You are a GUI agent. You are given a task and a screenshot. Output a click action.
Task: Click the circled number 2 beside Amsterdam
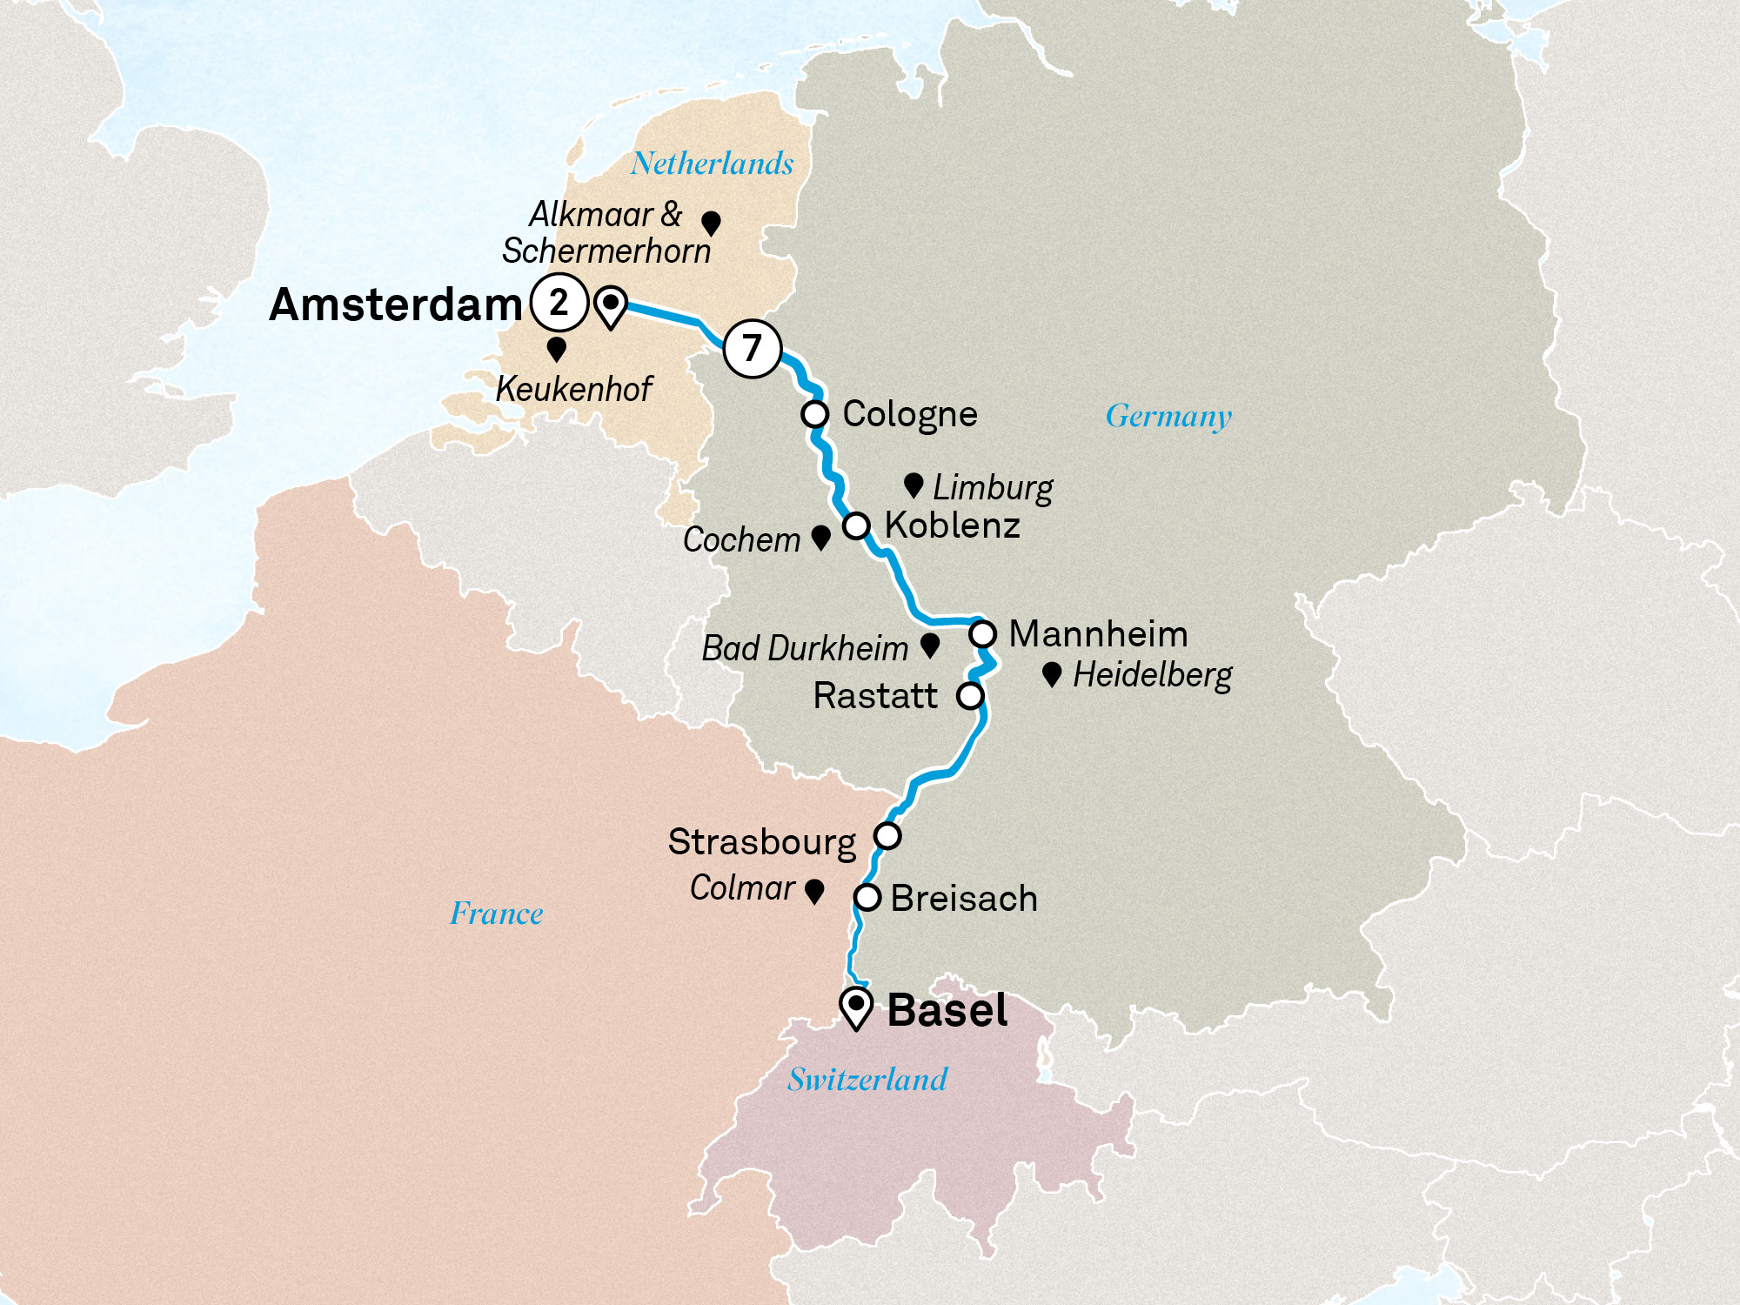(559, 303)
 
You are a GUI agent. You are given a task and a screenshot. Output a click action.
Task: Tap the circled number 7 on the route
(753, 348)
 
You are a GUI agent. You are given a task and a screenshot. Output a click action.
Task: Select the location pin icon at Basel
(856, 1008)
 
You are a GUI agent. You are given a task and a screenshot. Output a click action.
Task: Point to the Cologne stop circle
(815, 414)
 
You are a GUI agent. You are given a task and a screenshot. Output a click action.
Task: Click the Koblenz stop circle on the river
(856, 525)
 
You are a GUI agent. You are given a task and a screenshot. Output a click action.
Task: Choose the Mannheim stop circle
(983, 634)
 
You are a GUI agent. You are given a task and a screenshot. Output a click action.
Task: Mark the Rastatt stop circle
(970, 696)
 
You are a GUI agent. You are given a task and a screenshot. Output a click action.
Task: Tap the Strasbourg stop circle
(887, 836)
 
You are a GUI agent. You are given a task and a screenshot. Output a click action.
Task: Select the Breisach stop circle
(867, 898)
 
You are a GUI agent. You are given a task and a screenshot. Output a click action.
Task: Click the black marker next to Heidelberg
(1052, 674)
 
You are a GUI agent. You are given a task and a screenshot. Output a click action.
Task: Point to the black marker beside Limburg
(913, 485)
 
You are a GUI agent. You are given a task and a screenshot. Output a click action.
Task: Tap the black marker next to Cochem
(820, 538)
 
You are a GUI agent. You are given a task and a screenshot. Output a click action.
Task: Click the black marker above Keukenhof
(557, 349)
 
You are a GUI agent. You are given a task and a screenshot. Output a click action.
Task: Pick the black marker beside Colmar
(814, 891)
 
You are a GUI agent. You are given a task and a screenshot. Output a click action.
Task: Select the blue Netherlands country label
(712, 164)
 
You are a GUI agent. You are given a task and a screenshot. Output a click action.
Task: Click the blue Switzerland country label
(867, 1080)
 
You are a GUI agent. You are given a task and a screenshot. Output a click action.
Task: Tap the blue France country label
(496, 913)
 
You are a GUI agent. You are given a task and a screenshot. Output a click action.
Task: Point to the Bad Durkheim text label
(805, 648)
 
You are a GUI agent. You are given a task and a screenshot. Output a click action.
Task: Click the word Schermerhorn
(606, 251)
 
